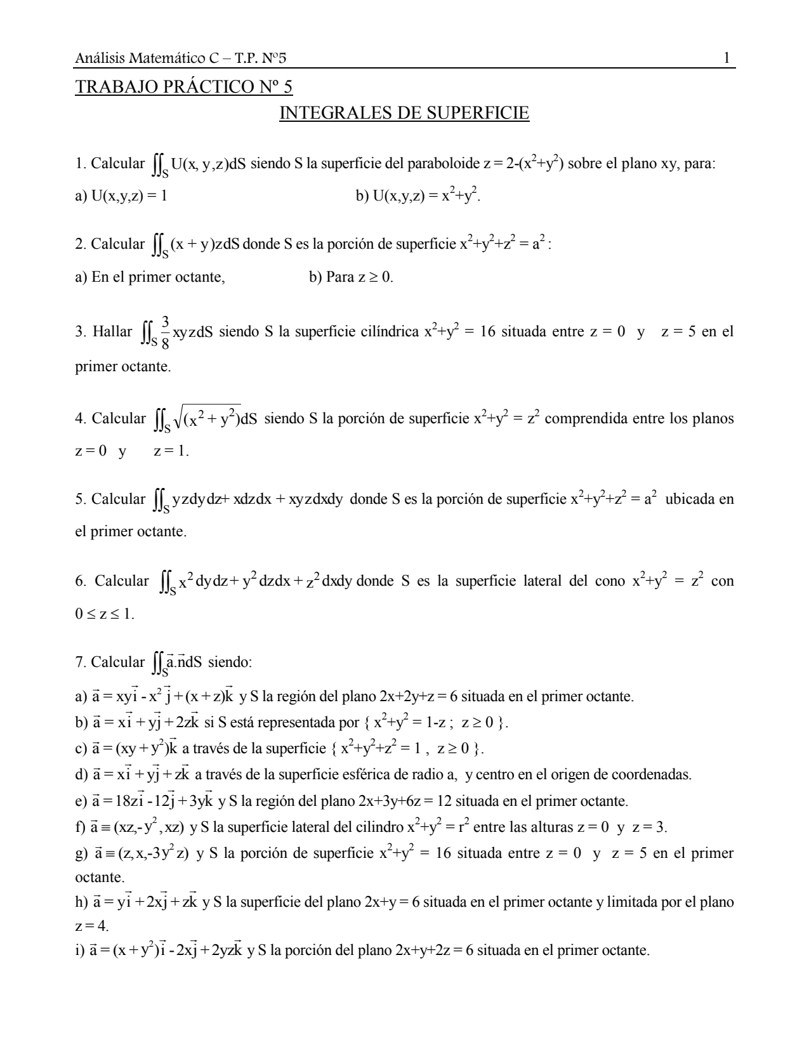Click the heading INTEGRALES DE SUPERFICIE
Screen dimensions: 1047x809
point(404,114)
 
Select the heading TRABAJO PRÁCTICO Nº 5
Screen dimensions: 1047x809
point(184,86)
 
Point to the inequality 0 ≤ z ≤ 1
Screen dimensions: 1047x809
point(105,614)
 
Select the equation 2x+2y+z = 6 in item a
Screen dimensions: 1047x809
point(418,696)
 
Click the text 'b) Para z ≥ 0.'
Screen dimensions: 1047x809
point(351,277)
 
